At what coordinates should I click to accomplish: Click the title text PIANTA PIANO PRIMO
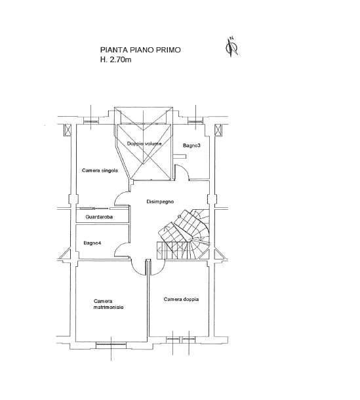point(140,50)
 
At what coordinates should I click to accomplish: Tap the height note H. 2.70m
point(115,60)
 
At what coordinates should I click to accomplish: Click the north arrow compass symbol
point(232,47)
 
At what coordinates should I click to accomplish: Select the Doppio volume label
point(144,144)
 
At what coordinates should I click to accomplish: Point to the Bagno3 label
point(191,146)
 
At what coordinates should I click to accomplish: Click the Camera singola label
point(100,170)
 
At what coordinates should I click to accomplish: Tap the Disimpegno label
point(160,201)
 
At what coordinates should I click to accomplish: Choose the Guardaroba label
point(99,217)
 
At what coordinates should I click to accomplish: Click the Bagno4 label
point(92,243)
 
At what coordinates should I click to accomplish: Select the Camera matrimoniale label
point(108,304)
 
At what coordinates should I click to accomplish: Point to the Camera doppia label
point(181,299)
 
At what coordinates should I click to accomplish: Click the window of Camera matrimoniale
point(111,345)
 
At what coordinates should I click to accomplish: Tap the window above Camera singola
point(91,121)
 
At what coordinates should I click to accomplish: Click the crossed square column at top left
point(68,130)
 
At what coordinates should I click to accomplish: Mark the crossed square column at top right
point(218,130)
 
